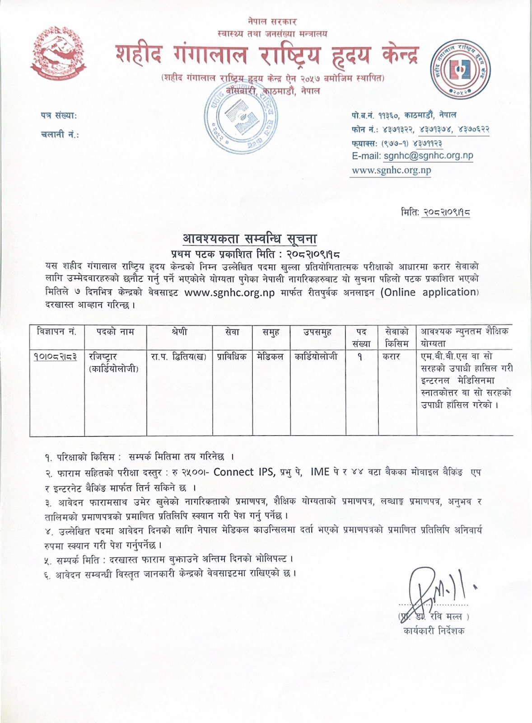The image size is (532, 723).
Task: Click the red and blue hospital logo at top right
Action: pyautogui.click(x=463, y=70)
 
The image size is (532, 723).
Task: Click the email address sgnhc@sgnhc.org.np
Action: pyautogui.click(x=428, y=155)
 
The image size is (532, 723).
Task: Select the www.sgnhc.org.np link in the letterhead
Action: pyautogui.click(x=391, y=170)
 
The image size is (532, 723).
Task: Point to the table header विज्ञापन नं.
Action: pyautogui.click(x=57, y=332)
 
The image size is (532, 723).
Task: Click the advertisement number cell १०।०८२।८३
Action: pyautogui.click(x=55, y=357)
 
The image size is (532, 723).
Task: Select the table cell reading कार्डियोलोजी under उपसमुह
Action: pyautogui.click(x=316, y=357)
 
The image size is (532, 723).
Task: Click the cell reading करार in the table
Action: pyautogui.click(x=392, y=357)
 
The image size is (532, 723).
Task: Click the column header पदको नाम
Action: pyautogui.click(x=115, y=332)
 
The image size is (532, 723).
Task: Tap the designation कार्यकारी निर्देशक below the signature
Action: pyautogui.click(x=434, y=631)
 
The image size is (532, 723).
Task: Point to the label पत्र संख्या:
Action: pyautogui.click(x=59, y=116)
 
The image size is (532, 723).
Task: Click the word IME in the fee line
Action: pyautogui.click(x=320, y=472)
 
